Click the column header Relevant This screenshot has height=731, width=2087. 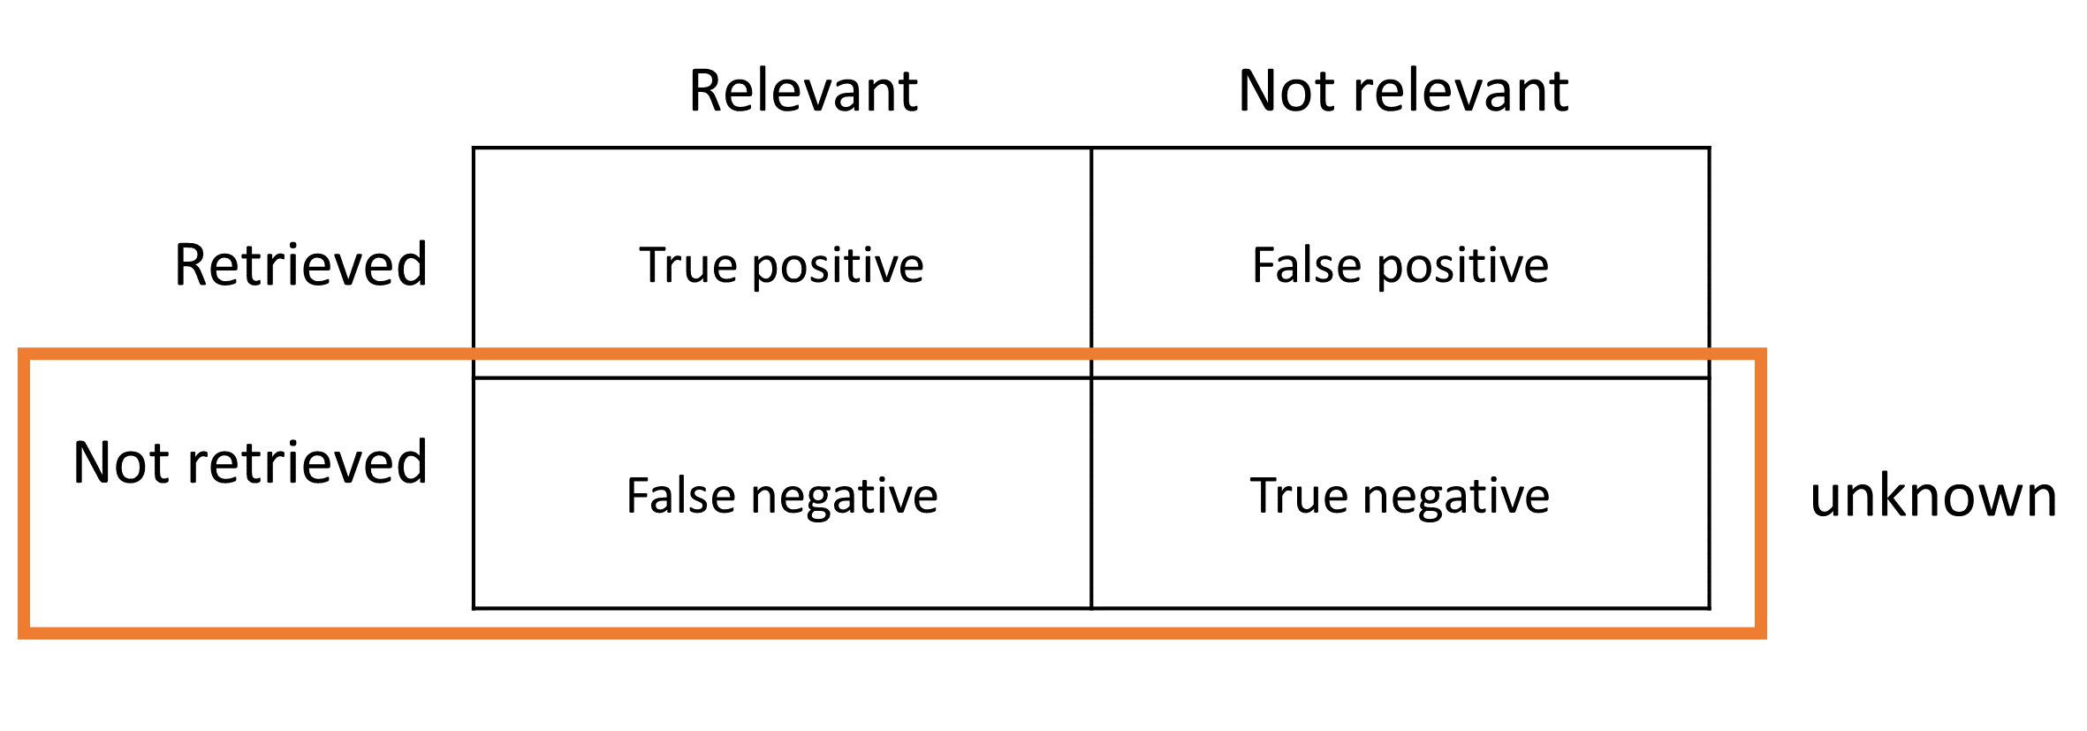click(802, 91)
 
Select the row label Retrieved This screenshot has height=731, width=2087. click(300, 264)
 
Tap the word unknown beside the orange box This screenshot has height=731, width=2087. click(1933, 496)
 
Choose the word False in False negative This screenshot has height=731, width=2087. click(679, 496)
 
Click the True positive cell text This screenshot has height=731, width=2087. click(781, 266)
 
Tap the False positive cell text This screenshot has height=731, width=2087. click(1400, 266)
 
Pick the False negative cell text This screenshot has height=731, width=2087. click(781, 496)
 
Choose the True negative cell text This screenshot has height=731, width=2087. click(1400, 496)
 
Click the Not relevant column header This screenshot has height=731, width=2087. click(1403, 91)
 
